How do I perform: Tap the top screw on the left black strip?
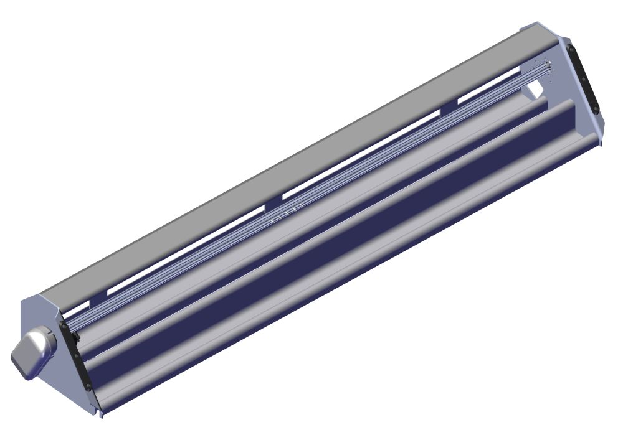pos(63,325)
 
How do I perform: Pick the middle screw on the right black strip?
pos(582,79)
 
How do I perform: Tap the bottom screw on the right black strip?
pos(595,108)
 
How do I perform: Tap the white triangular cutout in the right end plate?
pos(535,90)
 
